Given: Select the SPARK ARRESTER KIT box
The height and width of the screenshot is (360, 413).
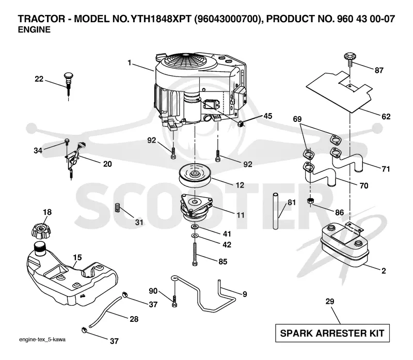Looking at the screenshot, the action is click(x=332, y=333).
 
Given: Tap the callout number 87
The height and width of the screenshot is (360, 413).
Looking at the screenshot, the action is click(x=379, y=70).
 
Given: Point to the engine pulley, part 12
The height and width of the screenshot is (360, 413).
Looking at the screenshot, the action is click(x=195, y=175).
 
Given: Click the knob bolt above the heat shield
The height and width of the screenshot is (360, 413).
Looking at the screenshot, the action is click(x=349, y=59).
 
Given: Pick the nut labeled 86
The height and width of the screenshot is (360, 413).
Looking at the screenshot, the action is click(x=311, y=201).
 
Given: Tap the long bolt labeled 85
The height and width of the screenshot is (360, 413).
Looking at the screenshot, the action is click(x=195, y=254).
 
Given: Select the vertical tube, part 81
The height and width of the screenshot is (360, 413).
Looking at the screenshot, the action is click(x=276, y=211).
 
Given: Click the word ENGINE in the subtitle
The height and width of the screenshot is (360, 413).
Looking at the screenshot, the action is click(x=34, y=30).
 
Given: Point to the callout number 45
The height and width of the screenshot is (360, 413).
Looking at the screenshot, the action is click(x=268, y=116).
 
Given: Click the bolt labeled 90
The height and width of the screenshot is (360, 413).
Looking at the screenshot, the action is click(x=174, y=301).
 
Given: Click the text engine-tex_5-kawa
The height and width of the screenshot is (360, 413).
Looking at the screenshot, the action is click(x=42, y=340).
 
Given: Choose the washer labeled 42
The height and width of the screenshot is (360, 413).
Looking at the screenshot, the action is click(x=195, y=234).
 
